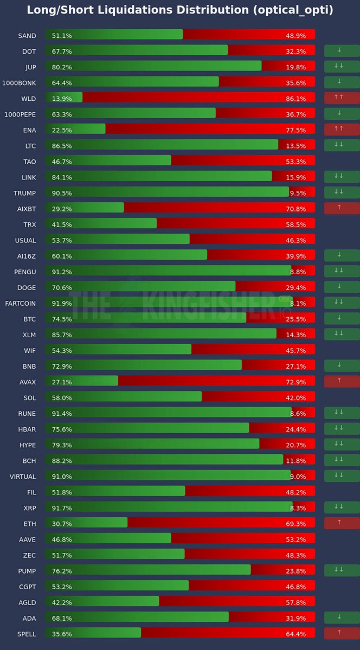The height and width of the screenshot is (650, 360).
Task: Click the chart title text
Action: point(180,10)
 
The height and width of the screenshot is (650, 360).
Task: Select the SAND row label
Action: point(27,36)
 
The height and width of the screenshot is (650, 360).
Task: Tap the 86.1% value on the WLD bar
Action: point(295,99)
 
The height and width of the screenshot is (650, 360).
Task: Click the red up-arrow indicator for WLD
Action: point(342,98)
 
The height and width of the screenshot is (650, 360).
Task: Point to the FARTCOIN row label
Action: point(21,304)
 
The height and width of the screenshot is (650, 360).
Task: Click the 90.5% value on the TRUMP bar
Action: point(62,193)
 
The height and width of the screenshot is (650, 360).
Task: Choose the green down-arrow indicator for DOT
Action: point(342,51)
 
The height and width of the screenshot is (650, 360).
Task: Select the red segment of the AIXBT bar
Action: point(217,209)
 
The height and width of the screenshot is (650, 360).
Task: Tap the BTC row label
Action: point(29,319)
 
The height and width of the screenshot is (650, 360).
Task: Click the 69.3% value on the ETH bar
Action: point(295,524)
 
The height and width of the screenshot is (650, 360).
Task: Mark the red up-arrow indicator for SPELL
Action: point(342,633)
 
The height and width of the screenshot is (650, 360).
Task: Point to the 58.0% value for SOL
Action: point(62,398)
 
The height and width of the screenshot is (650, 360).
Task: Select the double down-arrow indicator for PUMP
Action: point(342,570)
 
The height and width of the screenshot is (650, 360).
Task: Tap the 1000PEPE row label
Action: point(20,114)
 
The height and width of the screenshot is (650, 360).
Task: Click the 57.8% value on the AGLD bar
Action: point(295,602)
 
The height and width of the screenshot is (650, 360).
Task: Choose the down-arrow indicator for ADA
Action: point(342,617)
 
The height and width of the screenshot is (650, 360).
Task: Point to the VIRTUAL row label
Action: point(23,477)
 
